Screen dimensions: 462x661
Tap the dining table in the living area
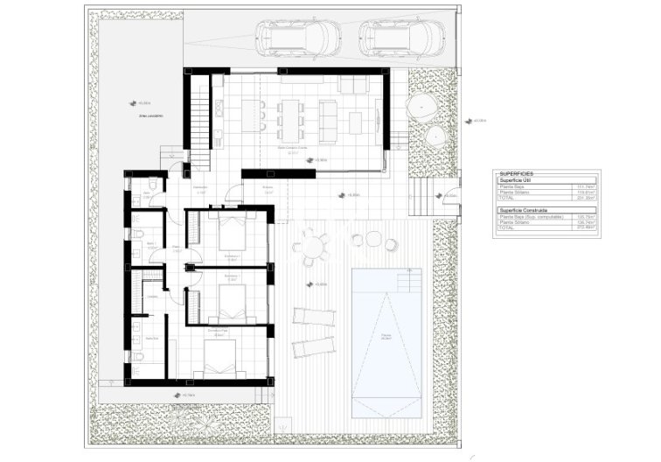click(x=289, y=115)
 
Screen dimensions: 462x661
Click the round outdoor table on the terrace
click(x=313, y=247)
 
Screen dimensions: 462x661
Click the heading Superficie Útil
click(x=518, y=180)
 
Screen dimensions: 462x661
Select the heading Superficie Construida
click(x=522, y=211)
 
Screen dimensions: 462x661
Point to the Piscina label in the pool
click(x=386, y=335)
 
